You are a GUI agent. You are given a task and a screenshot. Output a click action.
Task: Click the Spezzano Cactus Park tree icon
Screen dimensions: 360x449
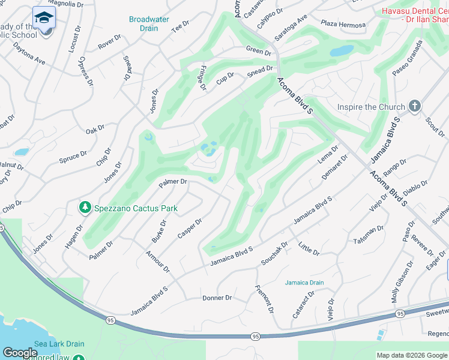[85, 208]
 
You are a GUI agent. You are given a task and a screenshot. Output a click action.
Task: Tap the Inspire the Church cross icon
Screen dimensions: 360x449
[414, 106]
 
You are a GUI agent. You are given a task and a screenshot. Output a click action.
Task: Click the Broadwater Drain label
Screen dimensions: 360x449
[144, 23]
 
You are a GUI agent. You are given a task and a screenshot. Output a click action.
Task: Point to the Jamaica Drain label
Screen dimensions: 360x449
[304, 282]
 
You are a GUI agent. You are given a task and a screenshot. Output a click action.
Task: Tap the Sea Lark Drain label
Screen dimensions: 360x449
[59, 344]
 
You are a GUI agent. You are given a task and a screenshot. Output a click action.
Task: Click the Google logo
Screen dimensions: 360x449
[20, 353]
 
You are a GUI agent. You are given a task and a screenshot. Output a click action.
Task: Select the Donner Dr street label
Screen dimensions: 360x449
[217, 298]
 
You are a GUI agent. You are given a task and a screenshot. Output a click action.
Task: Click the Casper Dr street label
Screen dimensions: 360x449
[190, 228]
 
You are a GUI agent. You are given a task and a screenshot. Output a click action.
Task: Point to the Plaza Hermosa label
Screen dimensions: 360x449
[343, 25]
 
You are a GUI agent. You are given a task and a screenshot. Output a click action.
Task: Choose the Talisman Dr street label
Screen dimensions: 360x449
[369, 233]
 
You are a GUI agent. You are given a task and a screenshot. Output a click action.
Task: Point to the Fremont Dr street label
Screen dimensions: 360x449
[264, 299]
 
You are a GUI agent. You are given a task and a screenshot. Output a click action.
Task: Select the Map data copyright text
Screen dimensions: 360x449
[411, 355]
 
